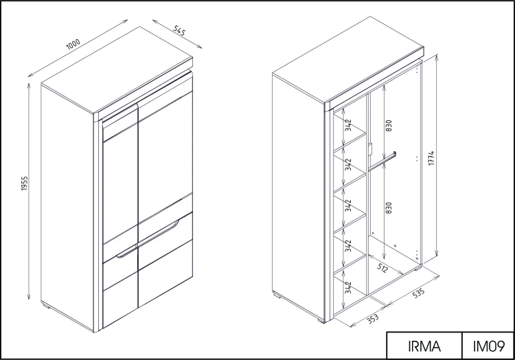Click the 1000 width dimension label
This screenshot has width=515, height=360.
73,44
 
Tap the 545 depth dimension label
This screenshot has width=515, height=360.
179,30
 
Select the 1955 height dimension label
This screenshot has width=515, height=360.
25,183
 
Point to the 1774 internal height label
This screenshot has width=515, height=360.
432,158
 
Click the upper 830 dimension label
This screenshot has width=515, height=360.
388,126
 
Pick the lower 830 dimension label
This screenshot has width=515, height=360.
388,207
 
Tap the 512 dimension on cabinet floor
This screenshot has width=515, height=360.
382,268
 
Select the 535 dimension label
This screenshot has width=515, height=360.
418,293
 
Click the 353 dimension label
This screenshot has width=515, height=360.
372,318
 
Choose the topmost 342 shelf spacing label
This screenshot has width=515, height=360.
348,125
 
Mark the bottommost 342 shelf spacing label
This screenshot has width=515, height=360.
348,287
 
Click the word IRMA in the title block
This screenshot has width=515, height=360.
424,346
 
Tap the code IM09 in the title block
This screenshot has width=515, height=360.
488,346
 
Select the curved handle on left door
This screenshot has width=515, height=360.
126,252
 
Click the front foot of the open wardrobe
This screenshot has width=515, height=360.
321,320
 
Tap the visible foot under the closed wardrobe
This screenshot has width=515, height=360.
46,306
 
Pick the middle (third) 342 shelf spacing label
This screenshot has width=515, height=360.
348,205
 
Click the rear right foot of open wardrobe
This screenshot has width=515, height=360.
417,269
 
